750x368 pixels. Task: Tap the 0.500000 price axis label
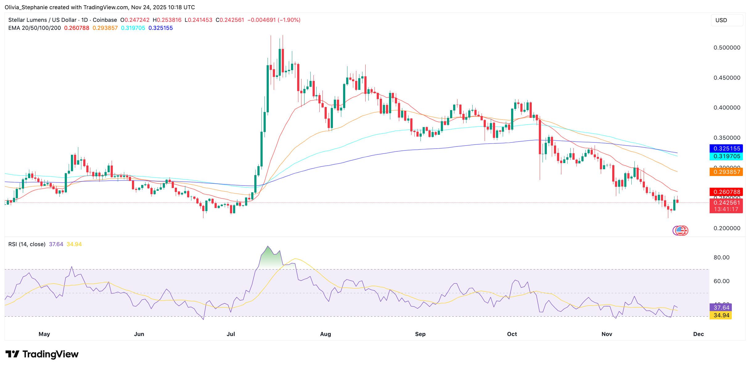pos(727,48)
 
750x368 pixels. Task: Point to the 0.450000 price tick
pos(727,78)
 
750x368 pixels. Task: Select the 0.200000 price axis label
pos(727,228)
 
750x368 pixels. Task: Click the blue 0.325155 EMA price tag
pos(726,149)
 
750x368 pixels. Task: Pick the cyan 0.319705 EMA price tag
pos(726,156)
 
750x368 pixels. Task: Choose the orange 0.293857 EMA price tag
pos(726,172)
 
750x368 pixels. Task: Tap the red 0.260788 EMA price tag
pos(726,192)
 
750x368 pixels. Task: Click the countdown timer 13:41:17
pos(726,210)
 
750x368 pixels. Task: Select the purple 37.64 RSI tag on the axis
pos(721,308)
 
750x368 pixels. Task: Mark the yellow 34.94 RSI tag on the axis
pos(721,315)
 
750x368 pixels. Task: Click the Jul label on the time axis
pos(231,334)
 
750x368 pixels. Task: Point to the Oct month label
pos(512,334)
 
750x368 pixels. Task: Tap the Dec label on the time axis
pos(698,334)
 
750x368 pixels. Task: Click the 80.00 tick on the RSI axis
pos(721,258)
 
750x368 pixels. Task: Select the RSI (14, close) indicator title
pos(27,244)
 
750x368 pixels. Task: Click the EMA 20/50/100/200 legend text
pos(35,28)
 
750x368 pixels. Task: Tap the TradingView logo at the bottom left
pos(42,354)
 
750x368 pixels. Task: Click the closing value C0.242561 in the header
pos(230,20)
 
